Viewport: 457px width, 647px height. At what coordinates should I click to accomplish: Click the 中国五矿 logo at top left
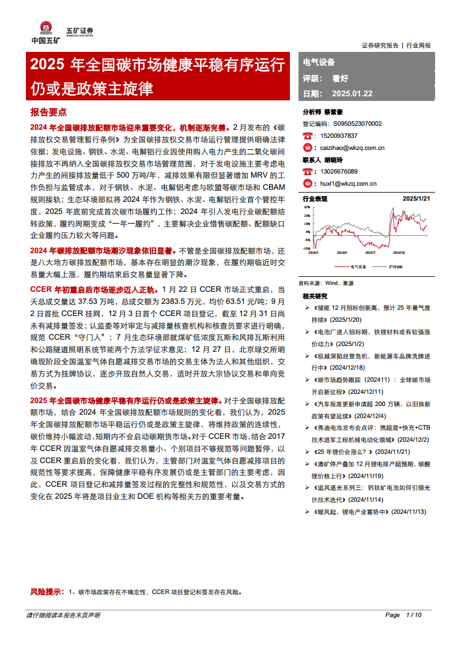[x=44, y=33]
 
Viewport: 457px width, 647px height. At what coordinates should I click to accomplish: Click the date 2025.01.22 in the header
[x=353, y=93]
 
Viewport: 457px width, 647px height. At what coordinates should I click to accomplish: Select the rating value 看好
[x=340, y=78]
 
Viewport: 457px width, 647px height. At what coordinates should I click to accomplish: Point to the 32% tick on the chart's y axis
[x=307, y=206]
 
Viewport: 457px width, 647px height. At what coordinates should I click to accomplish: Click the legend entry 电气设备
[x=358, y=267]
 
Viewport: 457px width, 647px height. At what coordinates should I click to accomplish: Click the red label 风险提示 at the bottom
[x=47, y=592]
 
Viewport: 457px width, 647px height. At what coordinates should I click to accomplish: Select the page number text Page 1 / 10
[x=403, y=615]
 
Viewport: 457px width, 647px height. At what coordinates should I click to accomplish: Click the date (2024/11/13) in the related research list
[x=409, y=511]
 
